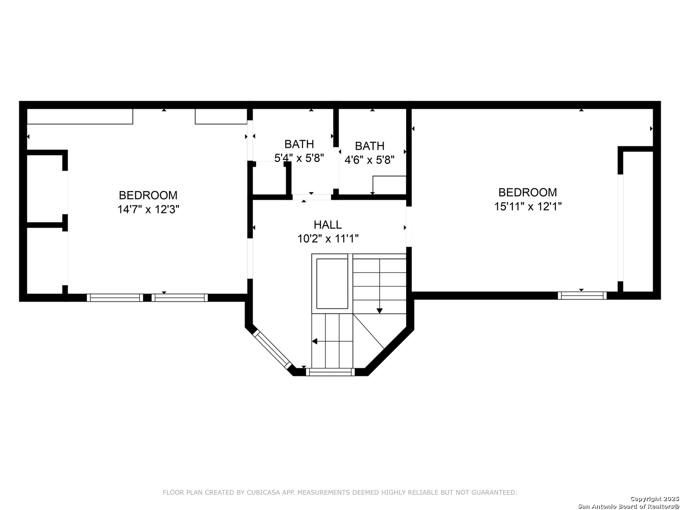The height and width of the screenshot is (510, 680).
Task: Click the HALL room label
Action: (327, 224)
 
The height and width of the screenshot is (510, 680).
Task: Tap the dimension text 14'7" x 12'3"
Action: (148, 209)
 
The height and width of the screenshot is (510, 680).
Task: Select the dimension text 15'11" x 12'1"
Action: (528, 206)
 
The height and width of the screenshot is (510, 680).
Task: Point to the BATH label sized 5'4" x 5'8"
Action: (299, 144)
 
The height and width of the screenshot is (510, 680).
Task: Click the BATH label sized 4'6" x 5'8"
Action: (370, 145)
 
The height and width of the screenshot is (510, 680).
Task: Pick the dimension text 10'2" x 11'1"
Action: (328, 239)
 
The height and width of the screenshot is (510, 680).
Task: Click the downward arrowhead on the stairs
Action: (380, 311)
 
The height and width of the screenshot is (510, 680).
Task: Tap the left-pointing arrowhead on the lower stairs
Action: (314, 341)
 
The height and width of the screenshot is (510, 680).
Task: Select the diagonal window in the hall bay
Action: (272, 349)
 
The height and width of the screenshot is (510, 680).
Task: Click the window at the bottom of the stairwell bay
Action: (330, 372)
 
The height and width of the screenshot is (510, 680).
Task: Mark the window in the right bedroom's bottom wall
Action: (582, 296)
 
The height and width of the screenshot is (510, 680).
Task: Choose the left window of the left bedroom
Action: (115, 297)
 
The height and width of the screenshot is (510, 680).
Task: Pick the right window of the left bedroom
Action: (180, 297)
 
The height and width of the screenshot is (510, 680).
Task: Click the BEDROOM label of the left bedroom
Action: (148, 195)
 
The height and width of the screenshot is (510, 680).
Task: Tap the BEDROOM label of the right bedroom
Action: (527, 192)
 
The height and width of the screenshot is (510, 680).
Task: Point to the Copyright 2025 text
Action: (654, 499)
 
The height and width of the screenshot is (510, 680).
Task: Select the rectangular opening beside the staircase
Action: (332, 284)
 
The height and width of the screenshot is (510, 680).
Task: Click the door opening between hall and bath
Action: (312, 197)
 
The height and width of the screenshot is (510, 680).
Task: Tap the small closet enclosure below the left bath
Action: (269, 179)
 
